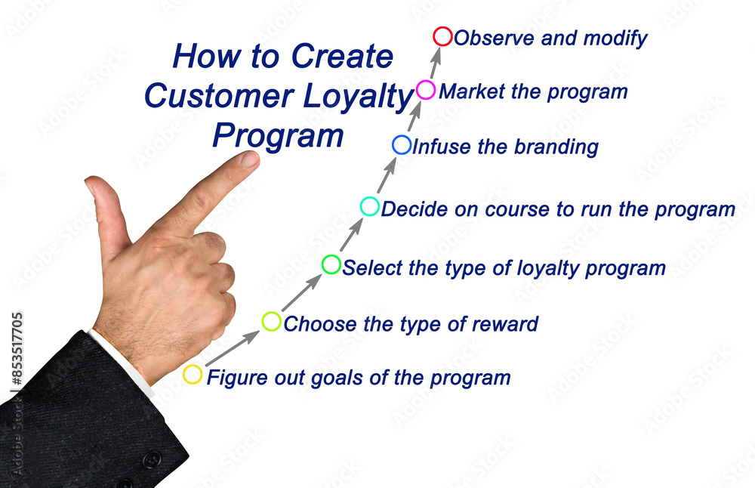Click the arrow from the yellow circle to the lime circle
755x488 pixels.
[233, 348]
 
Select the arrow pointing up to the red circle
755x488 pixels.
[436, 63]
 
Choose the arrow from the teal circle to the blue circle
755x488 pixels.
[387, 175]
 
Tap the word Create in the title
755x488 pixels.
[342, 57]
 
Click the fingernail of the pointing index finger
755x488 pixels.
[249, 159]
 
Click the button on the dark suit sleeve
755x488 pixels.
[153, 459]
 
